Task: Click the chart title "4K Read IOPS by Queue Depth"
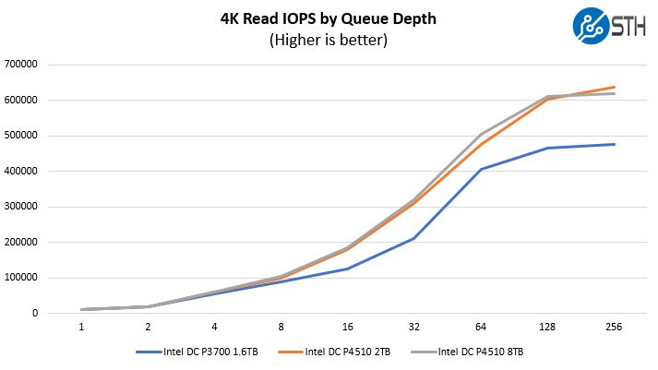pos(328,18)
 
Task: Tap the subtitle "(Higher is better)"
pos(328,40)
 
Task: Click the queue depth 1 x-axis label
pos(82,327)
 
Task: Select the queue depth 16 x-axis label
pos(347,327)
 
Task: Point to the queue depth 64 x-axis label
pos(481,327)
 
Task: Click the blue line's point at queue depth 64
pos(481,169)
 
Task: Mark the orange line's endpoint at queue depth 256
pos(614,87)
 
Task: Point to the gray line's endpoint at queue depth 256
pos(614,93)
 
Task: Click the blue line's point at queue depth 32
pos(414,238)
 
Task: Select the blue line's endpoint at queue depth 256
pos(614,144)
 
